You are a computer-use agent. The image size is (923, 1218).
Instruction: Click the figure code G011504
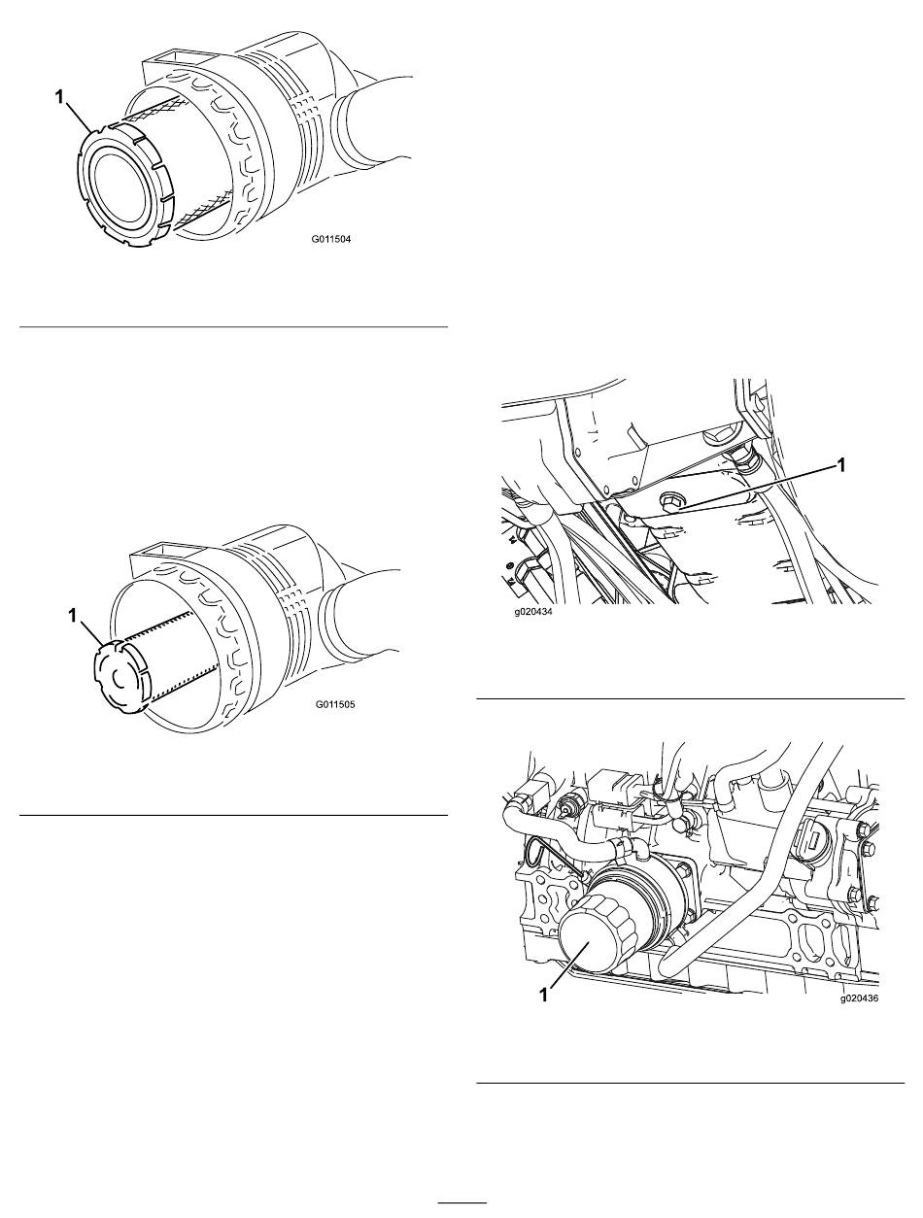pyautogui.click(x=330, y=240)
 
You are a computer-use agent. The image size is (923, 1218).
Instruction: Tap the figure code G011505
pyautogui.click(x=335, y=705)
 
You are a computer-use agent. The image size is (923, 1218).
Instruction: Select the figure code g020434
pyautogui.click(x=532, y=614)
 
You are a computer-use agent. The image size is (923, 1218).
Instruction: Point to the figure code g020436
pyautogui.click(x=859, y=998)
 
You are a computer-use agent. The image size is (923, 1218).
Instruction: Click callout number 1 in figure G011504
pyautogui.click(x=59, y=97)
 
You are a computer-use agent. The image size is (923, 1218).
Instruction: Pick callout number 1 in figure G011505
pyautogui.click(x=72, y=616)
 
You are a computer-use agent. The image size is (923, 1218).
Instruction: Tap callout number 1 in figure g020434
pyautogui.click(x=841, y=465)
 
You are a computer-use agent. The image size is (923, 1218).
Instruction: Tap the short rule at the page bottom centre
pyautogui.click(x=462, y=1202)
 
